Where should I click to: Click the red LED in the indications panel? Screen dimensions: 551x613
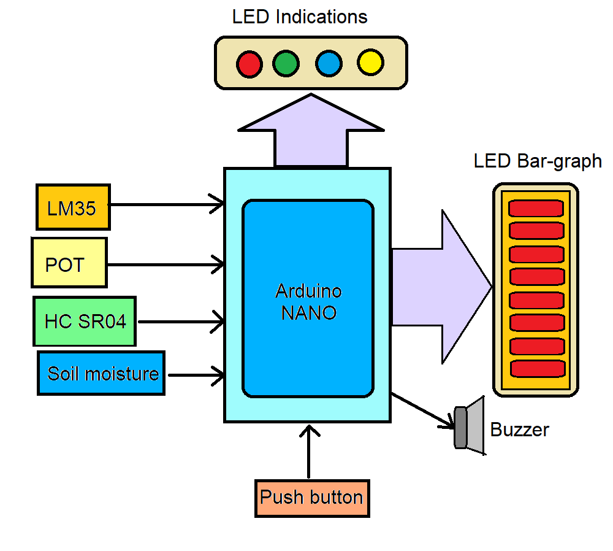point(249,64)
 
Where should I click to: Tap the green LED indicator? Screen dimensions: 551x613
point(286,64)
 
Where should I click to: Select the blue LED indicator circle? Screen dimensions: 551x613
point(329,64)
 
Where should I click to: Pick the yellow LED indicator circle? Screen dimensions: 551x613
point(370,63)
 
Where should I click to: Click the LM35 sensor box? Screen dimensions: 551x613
point(73,207)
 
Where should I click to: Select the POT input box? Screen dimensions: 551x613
point(69,263)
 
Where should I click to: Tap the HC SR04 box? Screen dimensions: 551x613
point(85,322)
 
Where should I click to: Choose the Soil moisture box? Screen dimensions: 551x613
point(101,373)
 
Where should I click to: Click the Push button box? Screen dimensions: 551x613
point(312,498)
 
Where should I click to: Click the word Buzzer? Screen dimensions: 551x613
point(519,430)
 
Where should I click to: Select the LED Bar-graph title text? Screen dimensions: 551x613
point(538,161)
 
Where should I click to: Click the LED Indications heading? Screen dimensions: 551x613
point(300,17)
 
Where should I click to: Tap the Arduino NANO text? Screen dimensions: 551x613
point(308,301)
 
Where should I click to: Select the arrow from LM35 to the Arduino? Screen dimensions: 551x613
point(166,204)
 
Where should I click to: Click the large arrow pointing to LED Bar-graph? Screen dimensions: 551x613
point(441,285)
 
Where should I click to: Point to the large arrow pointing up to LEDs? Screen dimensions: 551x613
point(311,132)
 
